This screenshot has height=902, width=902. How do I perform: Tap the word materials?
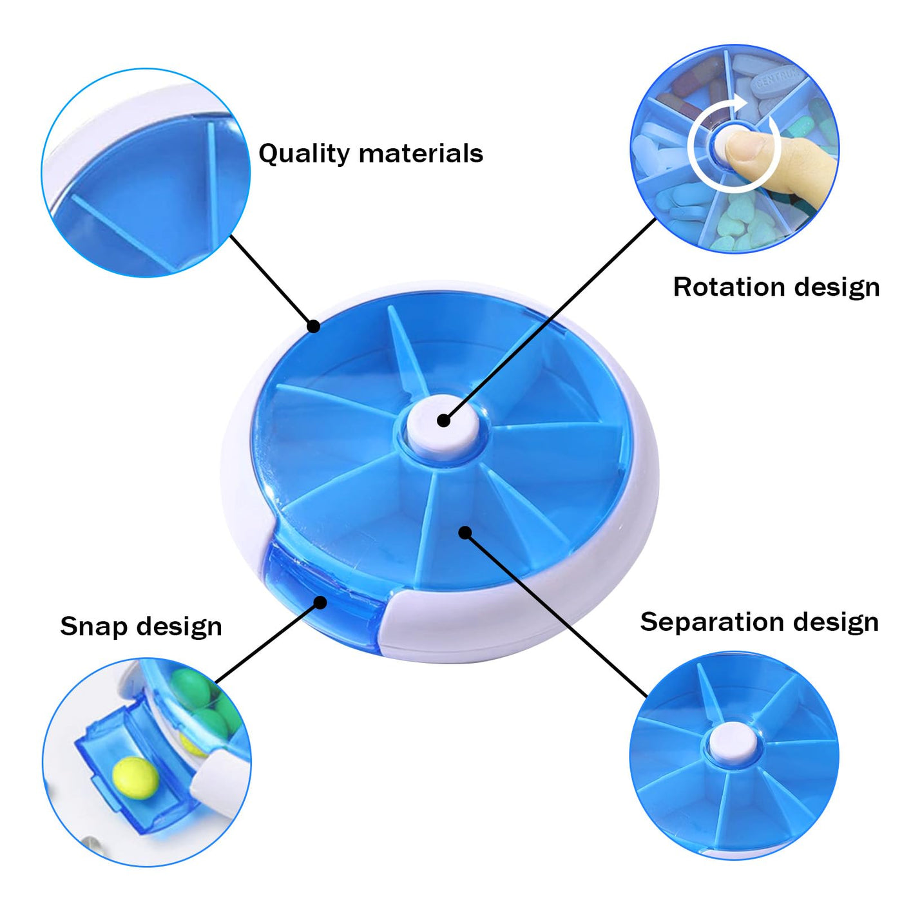tap(421, 153)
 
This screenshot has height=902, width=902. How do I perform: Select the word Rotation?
tap(729, 287)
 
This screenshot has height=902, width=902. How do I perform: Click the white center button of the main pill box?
tap(443, 427)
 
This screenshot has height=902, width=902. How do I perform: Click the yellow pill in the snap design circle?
tap(136, 778)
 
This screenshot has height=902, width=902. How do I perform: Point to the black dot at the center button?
tap(444, 420)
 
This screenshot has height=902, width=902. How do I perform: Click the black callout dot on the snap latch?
tap(320, 602)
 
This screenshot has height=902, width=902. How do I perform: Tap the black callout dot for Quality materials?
tap(313, 326)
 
